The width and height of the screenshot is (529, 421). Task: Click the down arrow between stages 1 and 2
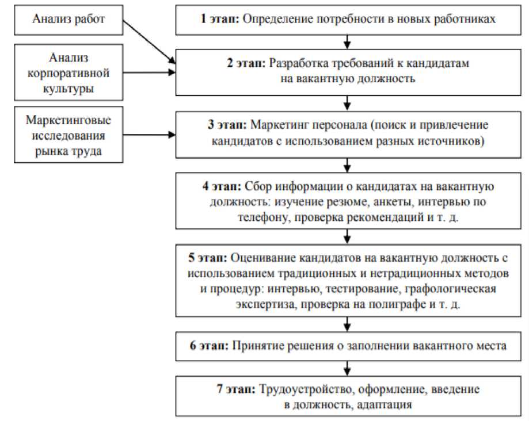[x=347, y=41]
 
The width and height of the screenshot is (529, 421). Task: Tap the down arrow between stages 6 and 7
[x=347, y=368]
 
